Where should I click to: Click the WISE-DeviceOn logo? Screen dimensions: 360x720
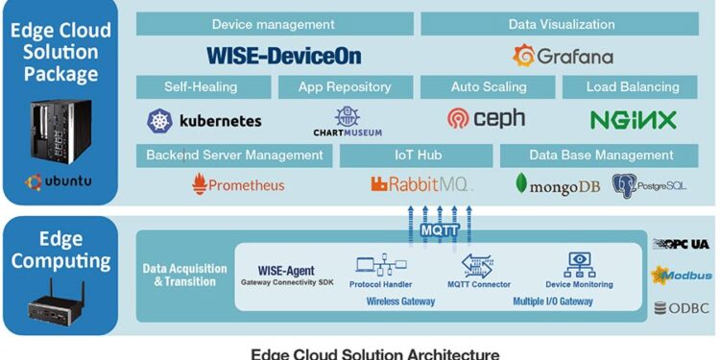click(284, 55)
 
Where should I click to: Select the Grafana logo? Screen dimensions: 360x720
click(563, 56)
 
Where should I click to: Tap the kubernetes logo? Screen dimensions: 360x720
click(204, 121)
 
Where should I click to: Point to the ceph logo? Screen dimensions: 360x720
click(487, 119)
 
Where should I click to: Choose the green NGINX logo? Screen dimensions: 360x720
click(633, 120)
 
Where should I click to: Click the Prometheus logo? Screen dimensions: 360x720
click(238, 183)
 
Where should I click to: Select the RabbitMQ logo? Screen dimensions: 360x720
click(420, 183)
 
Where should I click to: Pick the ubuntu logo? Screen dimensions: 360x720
click(59, 180)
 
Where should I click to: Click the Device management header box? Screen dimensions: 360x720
click(274, 24)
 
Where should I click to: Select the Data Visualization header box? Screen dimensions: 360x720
click(562, 24)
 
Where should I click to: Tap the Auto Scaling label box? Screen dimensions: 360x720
click(489, 87)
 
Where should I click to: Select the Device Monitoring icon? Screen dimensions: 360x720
click(579, 265)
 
